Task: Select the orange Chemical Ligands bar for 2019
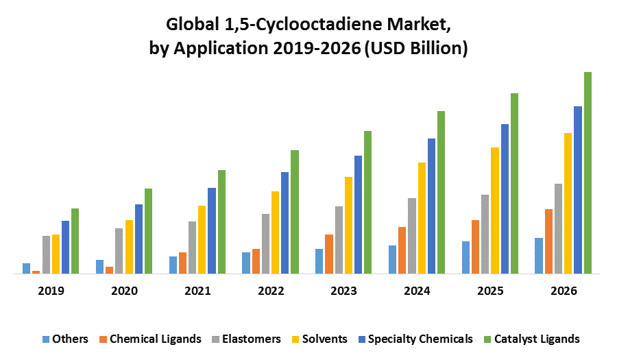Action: click(36, 272)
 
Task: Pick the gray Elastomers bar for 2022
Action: click(265, 243)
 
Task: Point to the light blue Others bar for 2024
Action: click(392, 259)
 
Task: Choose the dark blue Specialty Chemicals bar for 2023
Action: click(358, 215)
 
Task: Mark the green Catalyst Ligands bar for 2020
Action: click(148, 231)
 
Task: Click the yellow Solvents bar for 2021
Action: click(202, 239)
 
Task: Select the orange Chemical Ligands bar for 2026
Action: click(548, 241)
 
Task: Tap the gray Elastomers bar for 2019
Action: click(46, 254)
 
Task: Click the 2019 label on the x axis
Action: click(51, 291)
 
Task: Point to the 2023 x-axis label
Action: click(343, 291)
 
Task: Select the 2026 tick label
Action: click(564, 291)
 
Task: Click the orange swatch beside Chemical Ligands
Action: click(103, 339)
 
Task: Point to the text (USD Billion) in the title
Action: click(417, 49)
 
